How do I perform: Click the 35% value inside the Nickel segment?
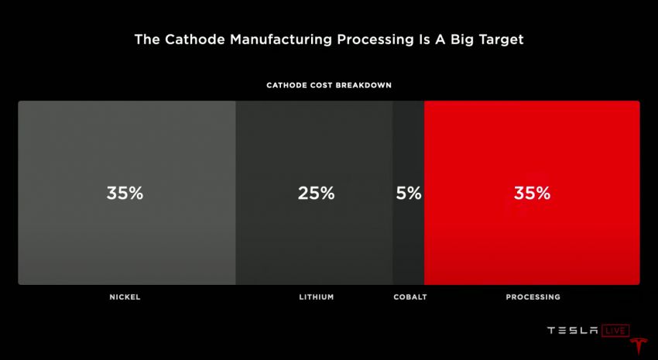125,194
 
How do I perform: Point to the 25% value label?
316,194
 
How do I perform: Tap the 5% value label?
409,194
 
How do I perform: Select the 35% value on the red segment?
532,194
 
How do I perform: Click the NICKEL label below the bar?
125,297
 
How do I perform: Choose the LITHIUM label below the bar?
317,297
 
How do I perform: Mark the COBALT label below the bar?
410,297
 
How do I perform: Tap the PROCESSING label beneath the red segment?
533,297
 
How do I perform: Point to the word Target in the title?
498,39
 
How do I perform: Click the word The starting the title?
147,39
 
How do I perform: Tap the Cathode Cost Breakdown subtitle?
329,85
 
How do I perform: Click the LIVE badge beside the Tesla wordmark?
616,331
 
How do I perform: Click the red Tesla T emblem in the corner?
639,348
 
